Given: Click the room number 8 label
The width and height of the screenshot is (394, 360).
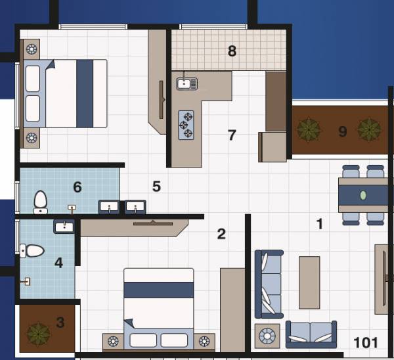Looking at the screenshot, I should pos(232,51).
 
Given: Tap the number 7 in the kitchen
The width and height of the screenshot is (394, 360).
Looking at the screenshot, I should pos(231,135).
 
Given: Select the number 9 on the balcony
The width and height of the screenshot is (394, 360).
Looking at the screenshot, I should pos(342,131).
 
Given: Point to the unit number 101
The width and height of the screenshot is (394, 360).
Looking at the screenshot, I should pos(366,342).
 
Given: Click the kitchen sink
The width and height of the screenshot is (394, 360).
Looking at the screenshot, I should pos(186,83).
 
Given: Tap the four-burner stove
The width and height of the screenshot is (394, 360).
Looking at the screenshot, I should pos(187,124).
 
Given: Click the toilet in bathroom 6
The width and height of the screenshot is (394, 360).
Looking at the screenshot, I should pos(41,202).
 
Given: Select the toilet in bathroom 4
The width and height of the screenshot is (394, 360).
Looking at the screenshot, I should pos(32,250).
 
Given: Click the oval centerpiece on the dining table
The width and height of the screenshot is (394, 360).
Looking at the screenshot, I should pos(363,195).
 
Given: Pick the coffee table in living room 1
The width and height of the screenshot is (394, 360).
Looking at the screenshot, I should pos(309,282).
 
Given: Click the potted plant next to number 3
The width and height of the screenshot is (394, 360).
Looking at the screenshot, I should pos(38,333).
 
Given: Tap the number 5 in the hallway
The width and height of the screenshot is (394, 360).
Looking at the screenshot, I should pos(156,187).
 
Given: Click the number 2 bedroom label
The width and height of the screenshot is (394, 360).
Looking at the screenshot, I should pos(221,234).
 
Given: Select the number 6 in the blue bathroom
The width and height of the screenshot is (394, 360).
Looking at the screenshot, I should pos(77,188).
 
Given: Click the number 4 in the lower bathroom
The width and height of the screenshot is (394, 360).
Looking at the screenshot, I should pos(58,263).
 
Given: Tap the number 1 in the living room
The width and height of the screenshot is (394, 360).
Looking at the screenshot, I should pos(320,224).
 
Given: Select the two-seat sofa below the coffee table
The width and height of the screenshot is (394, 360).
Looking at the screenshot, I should pos(311,334).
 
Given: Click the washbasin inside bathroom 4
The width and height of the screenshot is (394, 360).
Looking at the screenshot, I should pos(64,227).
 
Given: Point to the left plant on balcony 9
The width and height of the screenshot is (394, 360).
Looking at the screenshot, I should pos(309,129).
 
